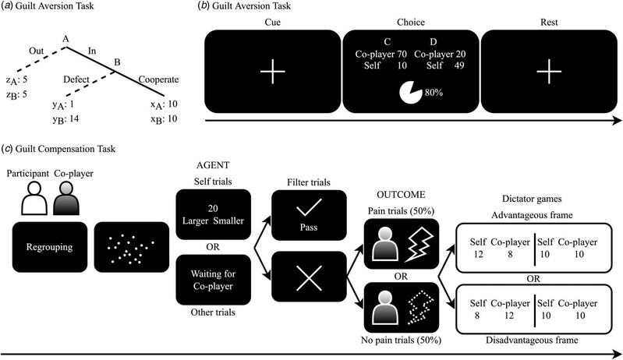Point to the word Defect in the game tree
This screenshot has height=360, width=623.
(x=79, y=79)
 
